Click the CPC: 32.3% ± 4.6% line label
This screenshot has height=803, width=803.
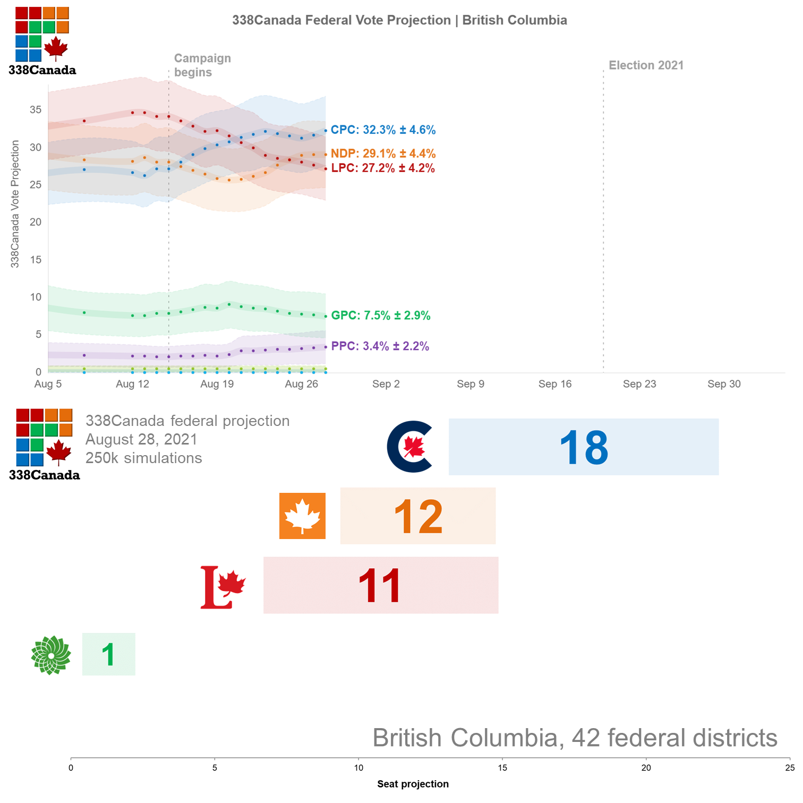383,130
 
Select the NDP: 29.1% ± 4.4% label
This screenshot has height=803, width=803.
383,154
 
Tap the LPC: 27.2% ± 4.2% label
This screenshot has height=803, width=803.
383,168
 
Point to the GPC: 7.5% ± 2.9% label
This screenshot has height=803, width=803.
381,315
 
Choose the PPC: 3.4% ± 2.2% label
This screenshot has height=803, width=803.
380,346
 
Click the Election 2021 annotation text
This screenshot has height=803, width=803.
646,65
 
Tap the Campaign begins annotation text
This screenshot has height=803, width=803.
202,65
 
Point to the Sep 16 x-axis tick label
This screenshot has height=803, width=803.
555,384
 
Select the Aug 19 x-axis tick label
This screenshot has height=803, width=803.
217,384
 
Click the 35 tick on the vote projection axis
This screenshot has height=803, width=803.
36,110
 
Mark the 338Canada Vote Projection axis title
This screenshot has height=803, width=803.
15,204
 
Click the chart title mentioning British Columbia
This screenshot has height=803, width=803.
399,20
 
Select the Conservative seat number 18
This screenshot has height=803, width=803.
584,448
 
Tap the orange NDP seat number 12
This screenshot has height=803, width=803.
418,517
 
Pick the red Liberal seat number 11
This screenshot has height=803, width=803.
380,586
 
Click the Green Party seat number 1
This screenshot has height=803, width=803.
108,655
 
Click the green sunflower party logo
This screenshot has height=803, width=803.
51,655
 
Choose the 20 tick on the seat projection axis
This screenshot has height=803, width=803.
646,768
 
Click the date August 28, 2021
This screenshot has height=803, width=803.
141,440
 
